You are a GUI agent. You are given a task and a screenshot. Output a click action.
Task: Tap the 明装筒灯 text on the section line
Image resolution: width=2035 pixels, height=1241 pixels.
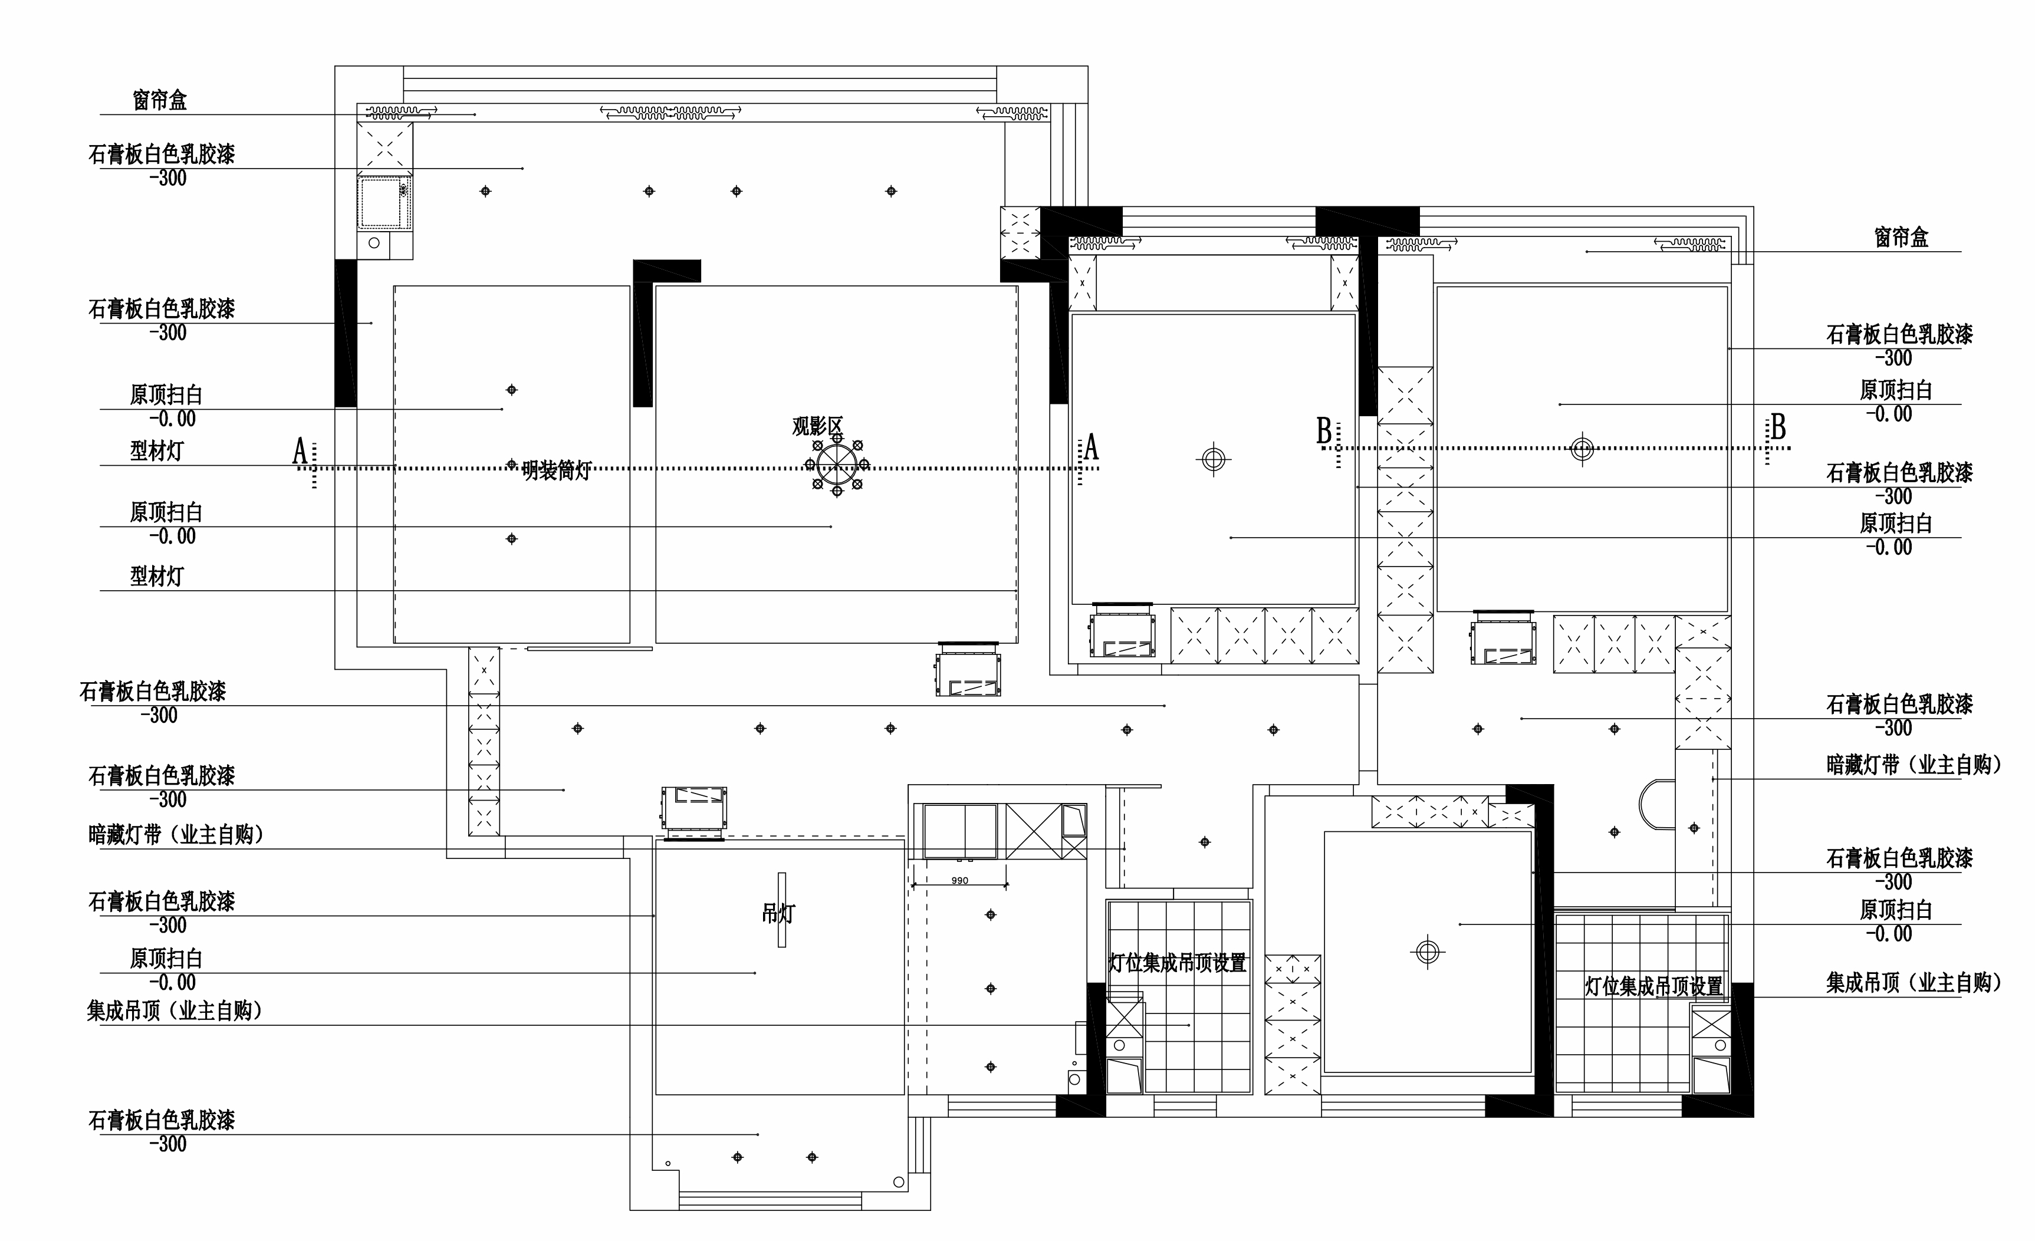click(x=557, y=470)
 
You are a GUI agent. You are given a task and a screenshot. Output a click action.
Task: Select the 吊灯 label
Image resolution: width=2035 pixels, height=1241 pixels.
click(x=777, y=913)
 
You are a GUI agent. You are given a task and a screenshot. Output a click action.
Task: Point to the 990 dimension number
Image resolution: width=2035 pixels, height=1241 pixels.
click(x=959, y=880)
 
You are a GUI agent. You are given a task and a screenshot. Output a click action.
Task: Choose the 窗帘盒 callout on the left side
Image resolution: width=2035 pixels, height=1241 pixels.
click(x=159, y=100)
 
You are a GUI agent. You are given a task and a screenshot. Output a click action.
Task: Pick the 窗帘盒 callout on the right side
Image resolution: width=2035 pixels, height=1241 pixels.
click(x=1901, y=237)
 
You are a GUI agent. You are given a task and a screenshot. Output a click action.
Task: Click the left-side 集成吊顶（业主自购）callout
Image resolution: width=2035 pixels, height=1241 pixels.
click(x=175, y=1010)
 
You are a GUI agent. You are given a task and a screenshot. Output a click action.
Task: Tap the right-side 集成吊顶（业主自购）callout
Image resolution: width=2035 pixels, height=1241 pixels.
click(x=1914, y=983)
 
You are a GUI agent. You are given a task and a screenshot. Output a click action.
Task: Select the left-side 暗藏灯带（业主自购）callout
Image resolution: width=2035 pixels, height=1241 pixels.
click(x=176, y=835)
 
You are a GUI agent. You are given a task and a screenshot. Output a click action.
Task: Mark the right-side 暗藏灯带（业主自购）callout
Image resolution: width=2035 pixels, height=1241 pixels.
click(x=1914, y=765)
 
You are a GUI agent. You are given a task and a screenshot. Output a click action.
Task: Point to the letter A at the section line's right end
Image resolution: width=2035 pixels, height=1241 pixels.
click(x=1091, y=447)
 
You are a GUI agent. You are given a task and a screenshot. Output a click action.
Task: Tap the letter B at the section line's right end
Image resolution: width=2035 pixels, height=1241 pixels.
click(x=1778, y=427)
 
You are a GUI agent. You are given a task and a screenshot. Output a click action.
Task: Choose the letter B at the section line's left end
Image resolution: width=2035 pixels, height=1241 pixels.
click(x=1324, y=431)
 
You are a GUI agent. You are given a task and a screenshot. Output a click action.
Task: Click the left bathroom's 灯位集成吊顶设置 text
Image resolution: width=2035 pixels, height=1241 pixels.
click(x=1177, y=963)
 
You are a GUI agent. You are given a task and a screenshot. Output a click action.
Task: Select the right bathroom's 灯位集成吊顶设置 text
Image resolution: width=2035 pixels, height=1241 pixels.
click(x=1653, y=986)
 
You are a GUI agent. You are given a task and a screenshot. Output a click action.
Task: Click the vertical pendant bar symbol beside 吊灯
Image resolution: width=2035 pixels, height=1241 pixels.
click(x=781, y=910)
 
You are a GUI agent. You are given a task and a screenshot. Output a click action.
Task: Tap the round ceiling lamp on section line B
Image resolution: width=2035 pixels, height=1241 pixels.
click(x=1582, y=449)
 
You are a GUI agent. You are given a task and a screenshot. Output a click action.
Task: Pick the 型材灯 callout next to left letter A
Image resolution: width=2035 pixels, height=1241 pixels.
click(x=156, y=451)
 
